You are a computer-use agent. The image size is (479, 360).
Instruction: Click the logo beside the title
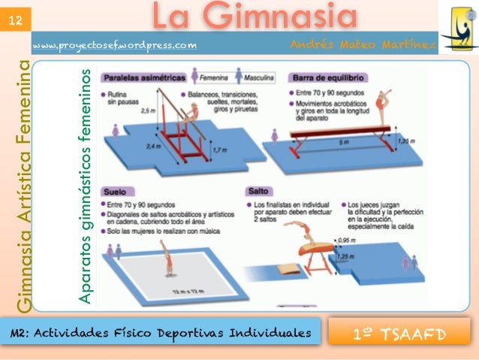pos(457,27)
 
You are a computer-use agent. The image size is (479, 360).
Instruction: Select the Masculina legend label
pos(258,77)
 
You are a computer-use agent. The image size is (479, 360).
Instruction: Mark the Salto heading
pos(258,191)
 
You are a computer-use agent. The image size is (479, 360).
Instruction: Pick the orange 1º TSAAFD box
pos(399,331)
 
